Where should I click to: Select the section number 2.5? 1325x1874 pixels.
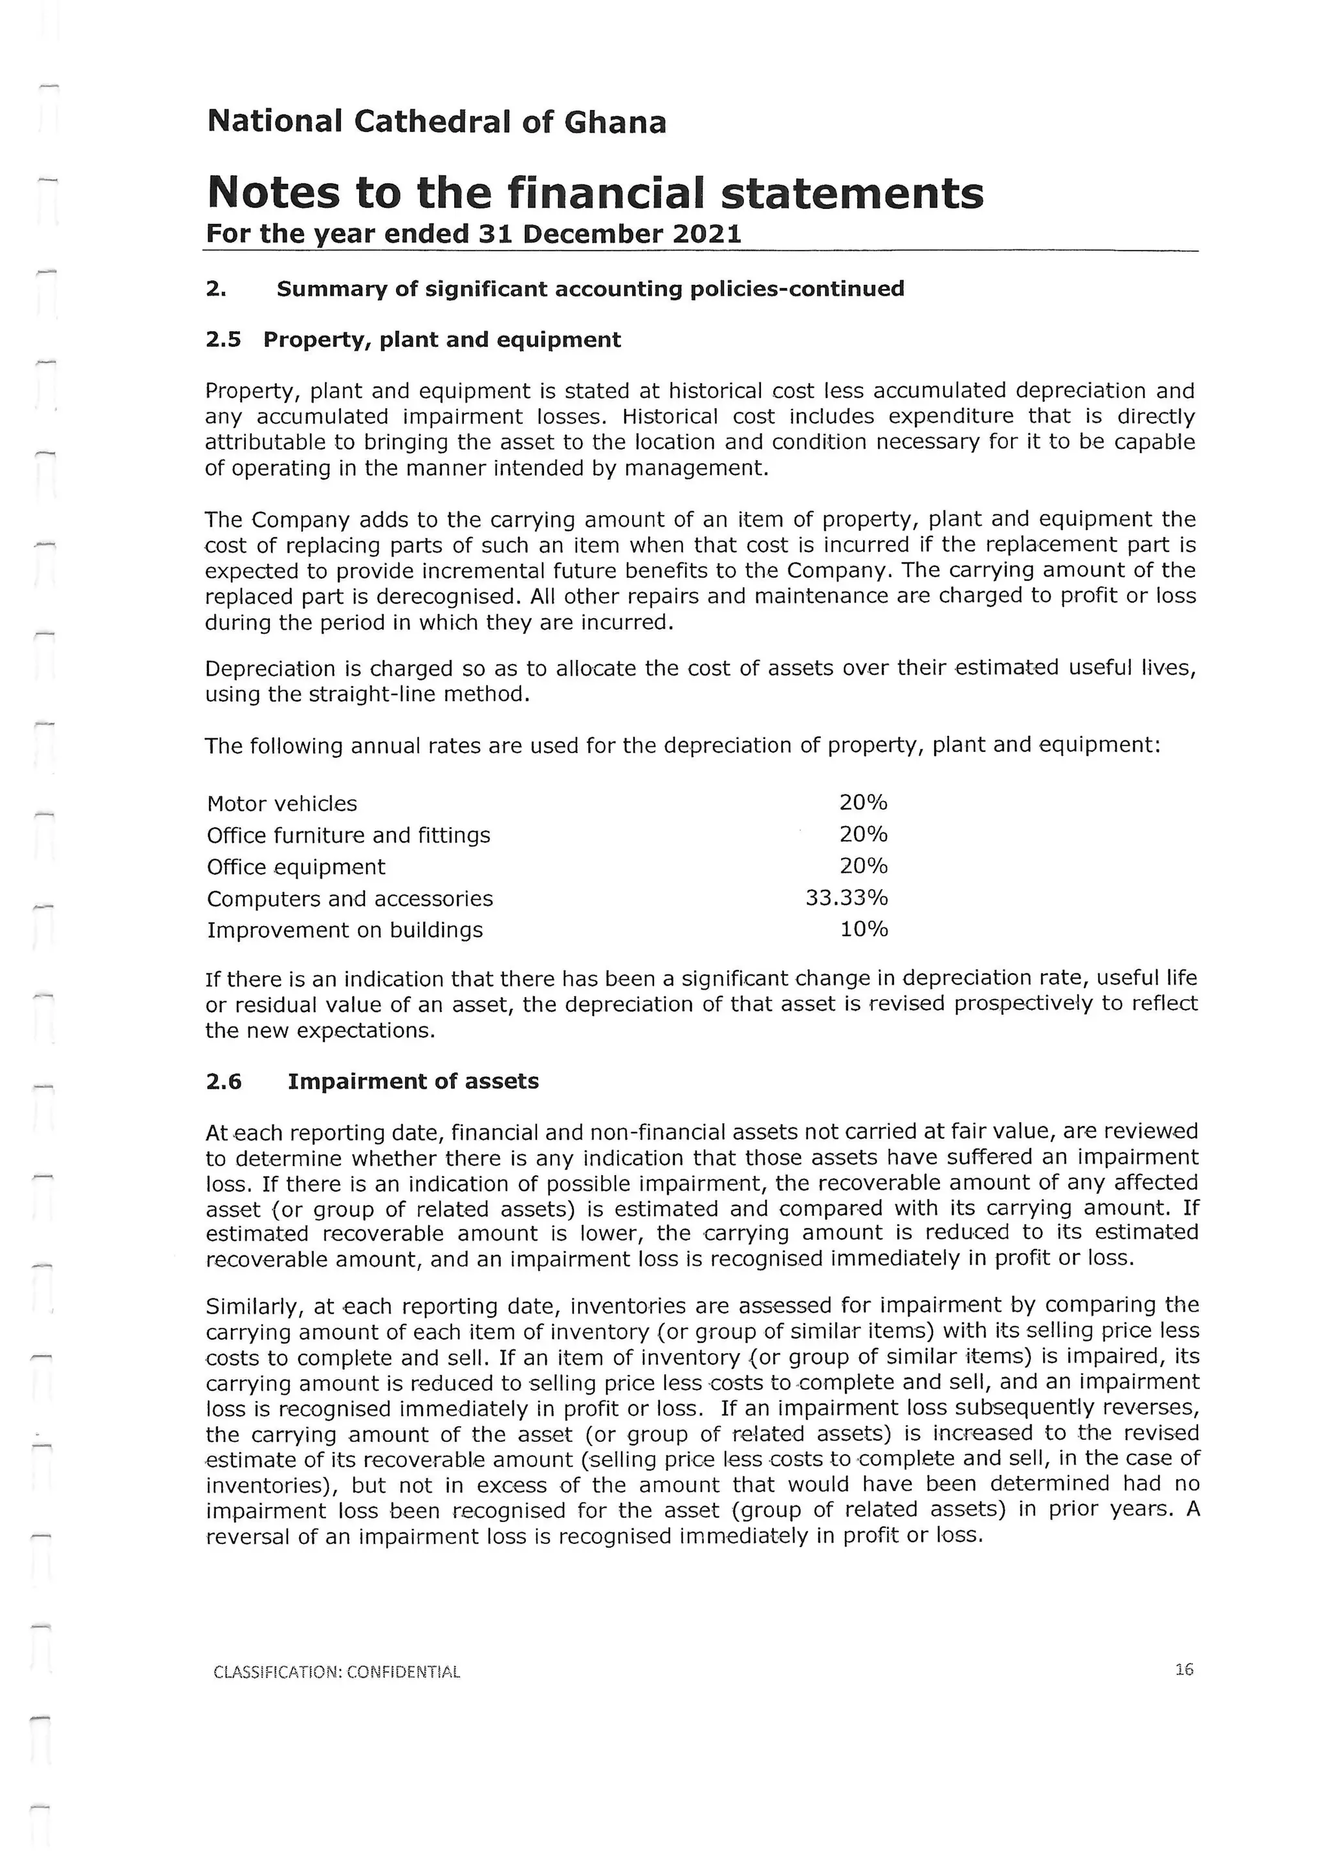pyautogui.click(x=224, y=340)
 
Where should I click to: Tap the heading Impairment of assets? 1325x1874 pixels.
pyautogui.click(x=413, y=1081)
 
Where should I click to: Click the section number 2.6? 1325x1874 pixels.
pyautogui.click(x=224, y=1081)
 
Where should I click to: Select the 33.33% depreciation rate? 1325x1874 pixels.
pyautogui.click(x=846, y=898)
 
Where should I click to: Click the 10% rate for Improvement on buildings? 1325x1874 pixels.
pyautogui.click(x=863, y=930)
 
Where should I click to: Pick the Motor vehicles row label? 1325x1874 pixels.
pyautogui.click(x=281, y=804)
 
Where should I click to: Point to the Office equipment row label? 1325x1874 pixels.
pyautogui.click(x=296, y=867)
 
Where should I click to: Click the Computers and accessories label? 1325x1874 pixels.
pyautogui.click(x=349, y=899)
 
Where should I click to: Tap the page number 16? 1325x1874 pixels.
pyautogui.click(x=1184, y=1670)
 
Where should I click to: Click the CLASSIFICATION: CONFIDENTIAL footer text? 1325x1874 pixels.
pyautogui.click(x=336, y=1671)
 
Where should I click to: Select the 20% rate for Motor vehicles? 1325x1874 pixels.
pyautogui.click(x=862, y=803)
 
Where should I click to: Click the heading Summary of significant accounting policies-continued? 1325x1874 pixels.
pyautogui.click(x=590, y=289)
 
